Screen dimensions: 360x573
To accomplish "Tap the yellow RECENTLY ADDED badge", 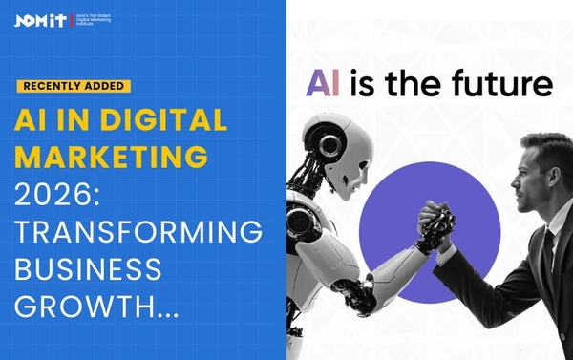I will click(74, 86).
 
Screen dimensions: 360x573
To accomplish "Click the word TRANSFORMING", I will click(138, 231).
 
